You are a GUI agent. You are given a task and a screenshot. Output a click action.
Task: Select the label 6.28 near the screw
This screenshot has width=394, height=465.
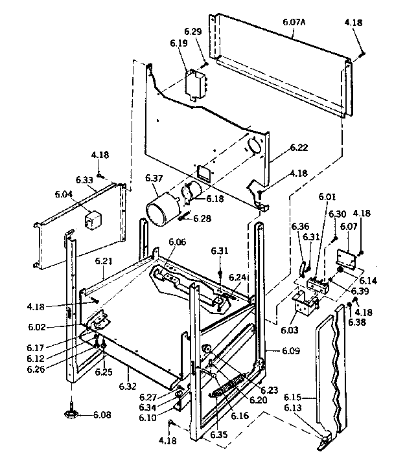202,218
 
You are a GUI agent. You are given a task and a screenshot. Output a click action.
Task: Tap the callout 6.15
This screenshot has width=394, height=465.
292,397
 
